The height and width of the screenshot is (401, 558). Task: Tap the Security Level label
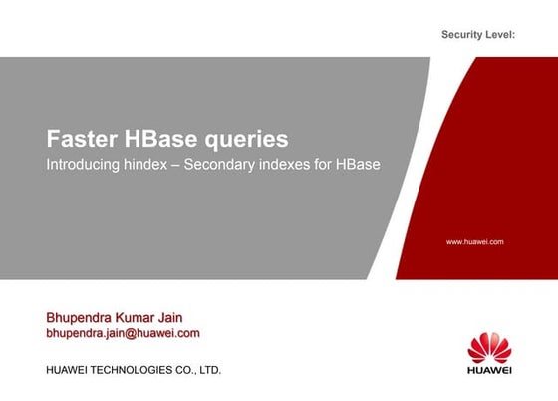[x=477, y=36]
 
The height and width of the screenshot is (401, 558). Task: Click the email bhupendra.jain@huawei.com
[x=124, y=333]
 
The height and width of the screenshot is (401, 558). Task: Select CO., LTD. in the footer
[x=199, y=370]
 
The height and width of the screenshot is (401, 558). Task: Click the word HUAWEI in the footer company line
[x=68, y=370]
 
